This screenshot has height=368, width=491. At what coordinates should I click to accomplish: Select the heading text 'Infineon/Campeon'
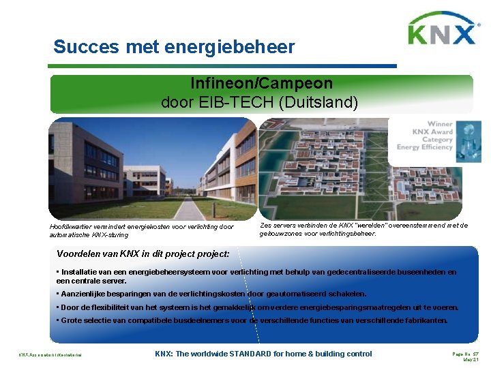[x=262, y=84]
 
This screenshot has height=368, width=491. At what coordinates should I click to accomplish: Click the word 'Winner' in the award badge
[x=440, y=124]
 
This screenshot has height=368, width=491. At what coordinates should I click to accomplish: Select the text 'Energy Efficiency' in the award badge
[x=425, y=147]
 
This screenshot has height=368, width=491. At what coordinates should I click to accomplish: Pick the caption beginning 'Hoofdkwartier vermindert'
[x=141, y=230]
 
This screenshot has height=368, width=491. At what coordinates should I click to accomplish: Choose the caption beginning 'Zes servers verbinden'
[x=363, y=229]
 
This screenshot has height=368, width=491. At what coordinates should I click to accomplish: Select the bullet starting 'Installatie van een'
[x=256, y=276]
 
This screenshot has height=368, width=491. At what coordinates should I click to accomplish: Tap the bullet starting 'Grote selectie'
[x=252, y=320]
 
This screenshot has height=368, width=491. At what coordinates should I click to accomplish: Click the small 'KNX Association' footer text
[x=50, y=355]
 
